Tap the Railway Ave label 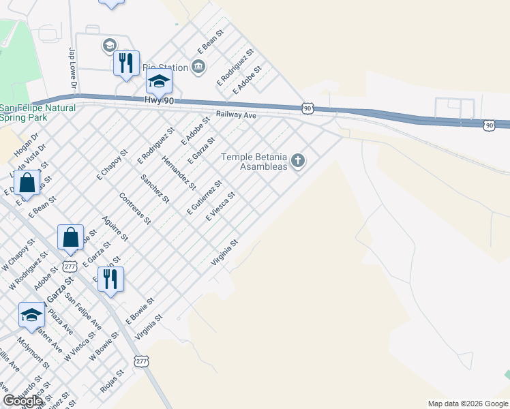coord(236,116)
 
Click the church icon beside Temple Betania coord(297,162)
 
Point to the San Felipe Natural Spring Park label coord(37,112)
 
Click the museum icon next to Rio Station coord(198,66)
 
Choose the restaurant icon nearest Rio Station coord(125,63)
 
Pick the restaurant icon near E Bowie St coord(109,278)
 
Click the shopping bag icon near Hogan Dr coord(27,184)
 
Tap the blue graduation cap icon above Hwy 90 coord(159,82)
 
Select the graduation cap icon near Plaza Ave coord(31,315)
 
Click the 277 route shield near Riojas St coord(141,361)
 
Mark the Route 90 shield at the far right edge coord(489,125)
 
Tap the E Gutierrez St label coord(205,197)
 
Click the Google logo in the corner coord(22,401)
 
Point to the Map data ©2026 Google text coord(467,404)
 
